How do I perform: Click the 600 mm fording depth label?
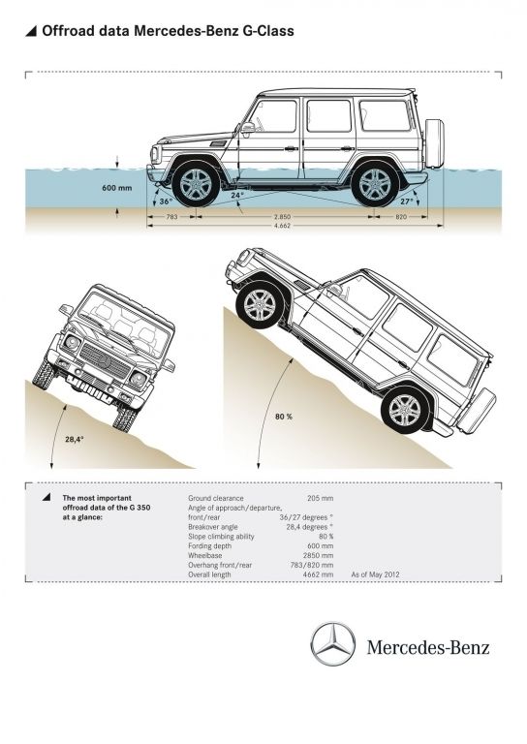click(x=116, y=188)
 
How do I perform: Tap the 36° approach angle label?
click(x=166, y=201)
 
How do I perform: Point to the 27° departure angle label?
click(x=407, y=201)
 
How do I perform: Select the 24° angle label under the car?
click(x=237, y=195)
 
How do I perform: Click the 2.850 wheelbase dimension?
click(x=282, y=217)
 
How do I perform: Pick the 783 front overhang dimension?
click(x=171, y=217)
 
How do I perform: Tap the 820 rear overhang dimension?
click(x=401, y=217)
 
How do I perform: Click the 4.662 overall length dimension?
click(x=282, y=226)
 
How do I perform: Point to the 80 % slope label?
click(x=284, y=417)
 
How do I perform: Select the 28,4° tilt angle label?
click(x=75, y=439)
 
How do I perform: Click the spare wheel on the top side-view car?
click(x=435, y=143)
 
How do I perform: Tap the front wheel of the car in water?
click(x=196, y=184)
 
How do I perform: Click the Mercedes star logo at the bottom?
click(x=333, y=644)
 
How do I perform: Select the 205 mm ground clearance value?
click(x=321, y=498)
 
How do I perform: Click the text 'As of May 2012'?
click(x=375, y=574)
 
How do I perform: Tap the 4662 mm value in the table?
click(x=319, y=574)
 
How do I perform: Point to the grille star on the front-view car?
click(x=105, y=362)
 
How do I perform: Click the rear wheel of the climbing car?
click(x=405, y=410)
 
